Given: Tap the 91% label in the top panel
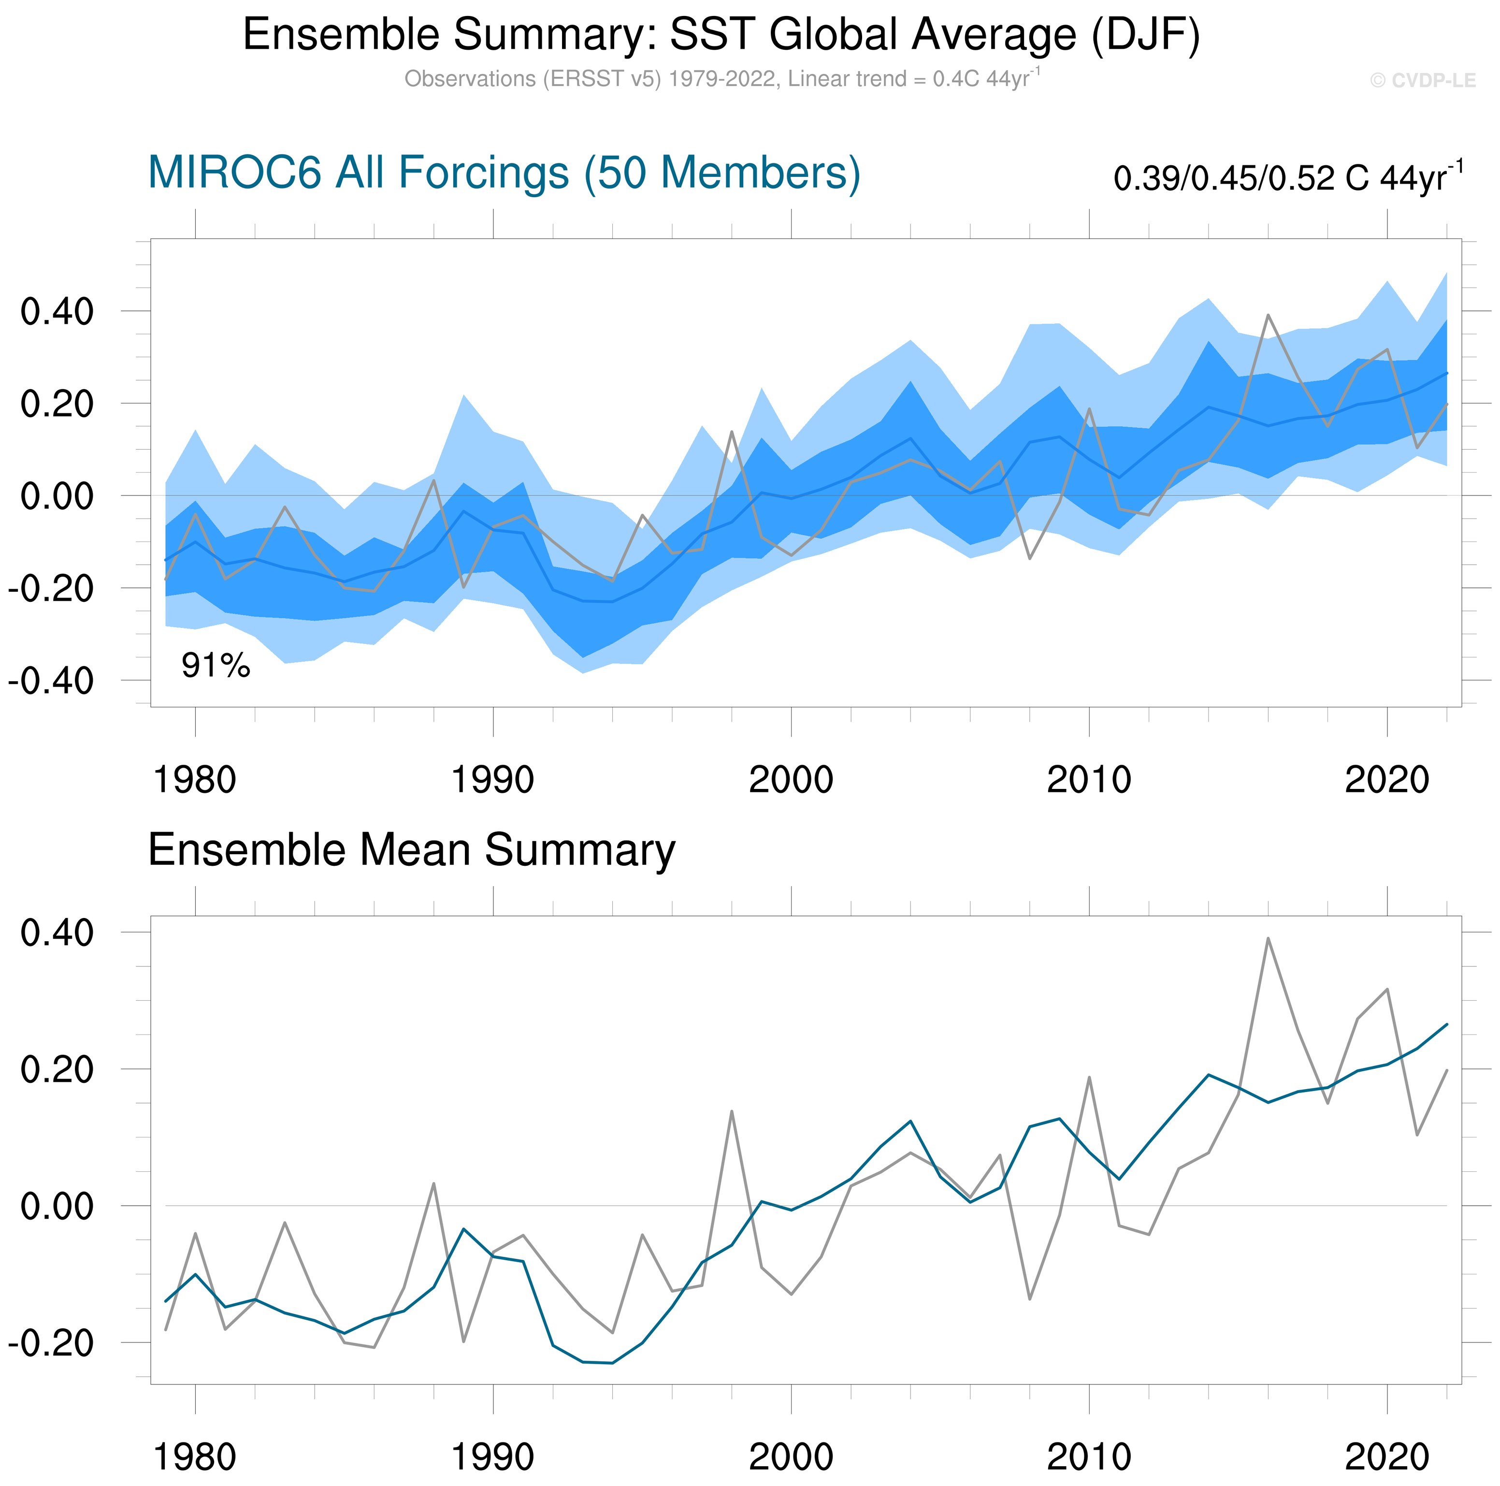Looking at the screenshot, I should coord(216,666).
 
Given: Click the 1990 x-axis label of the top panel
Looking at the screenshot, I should coord(492,780).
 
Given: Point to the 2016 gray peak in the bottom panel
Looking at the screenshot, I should coord(1268,938).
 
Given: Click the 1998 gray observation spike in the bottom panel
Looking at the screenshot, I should coord(731,1111).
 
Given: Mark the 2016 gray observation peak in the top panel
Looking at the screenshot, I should coord(1268,315).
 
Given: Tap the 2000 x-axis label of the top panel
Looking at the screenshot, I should coord(791,780).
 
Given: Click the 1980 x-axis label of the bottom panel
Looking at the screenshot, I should coord(195,1457).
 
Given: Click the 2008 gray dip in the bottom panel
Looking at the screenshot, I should coord(1029,1299).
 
